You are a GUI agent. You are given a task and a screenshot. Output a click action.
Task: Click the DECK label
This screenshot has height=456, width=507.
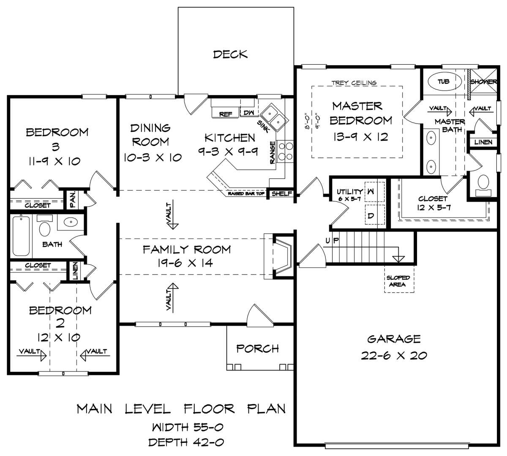point(230,55)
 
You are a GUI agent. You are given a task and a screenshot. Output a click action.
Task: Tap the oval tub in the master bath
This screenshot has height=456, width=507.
point(445,81)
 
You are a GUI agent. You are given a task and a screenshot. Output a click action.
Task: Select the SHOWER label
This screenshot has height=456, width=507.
point(483,82)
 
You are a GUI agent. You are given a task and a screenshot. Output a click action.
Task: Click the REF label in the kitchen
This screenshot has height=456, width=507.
point(226,114)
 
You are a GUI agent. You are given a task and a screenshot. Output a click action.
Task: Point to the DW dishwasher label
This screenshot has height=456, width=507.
point(249,113)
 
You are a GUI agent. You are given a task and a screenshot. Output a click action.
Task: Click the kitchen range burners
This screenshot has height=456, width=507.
point(286,151)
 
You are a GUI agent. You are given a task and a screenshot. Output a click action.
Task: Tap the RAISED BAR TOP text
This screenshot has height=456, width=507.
point(246,193)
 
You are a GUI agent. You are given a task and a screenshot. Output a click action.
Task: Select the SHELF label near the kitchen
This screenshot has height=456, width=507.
point(282,193)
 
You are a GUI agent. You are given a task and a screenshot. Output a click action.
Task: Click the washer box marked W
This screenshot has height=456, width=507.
point(374,192)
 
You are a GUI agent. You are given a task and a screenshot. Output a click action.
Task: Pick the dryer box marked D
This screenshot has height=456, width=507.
point(375,215)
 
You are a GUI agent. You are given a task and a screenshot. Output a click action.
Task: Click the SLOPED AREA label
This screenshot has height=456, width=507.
point(398,281)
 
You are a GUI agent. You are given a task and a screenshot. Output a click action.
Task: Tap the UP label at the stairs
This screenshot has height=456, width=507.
point(332,241)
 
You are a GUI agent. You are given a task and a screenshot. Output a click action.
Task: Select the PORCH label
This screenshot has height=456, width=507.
point(257,349)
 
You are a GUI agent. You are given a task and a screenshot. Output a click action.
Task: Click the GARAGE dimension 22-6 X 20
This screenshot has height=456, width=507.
point(394,355)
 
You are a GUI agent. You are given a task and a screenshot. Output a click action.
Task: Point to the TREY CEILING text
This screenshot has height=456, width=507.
point(354,82)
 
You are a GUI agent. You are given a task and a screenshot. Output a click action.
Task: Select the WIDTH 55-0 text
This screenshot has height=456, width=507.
point(188,427)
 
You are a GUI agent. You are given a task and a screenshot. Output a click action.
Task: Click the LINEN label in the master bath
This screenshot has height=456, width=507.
point(483,142)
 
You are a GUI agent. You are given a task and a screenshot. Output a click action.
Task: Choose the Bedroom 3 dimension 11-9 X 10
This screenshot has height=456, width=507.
point(55,161)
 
